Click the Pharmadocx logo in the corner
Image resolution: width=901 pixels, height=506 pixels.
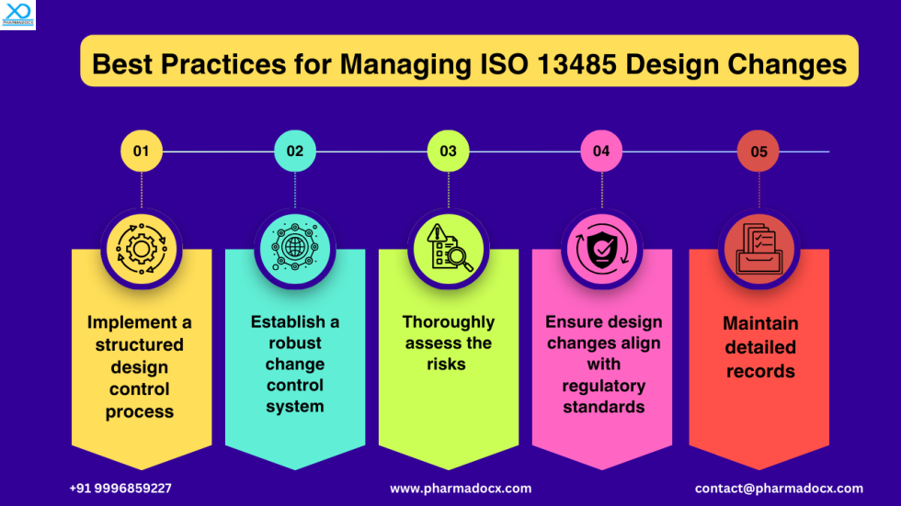17,15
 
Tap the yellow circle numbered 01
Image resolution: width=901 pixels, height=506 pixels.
141,152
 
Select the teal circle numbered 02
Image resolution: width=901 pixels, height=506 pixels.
294,152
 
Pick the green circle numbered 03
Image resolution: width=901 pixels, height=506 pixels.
448,152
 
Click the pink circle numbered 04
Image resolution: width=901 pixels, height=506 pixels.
601,152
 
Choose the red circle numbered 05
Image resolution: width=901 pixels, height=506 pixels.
758,152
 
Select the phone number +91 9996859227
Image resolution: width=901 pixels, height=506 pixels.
120,489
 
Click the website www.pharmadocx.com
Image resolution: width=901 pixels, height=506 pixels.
461,489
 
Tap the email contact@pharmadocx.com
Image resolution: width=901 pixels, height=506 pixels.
779,489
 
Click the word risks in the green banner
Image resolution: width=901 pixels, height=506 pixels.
448,365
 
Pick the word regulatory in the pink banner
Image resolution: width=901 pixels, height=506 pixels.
603,386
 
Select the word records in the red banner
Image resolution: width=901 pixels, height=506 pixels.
760,372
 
